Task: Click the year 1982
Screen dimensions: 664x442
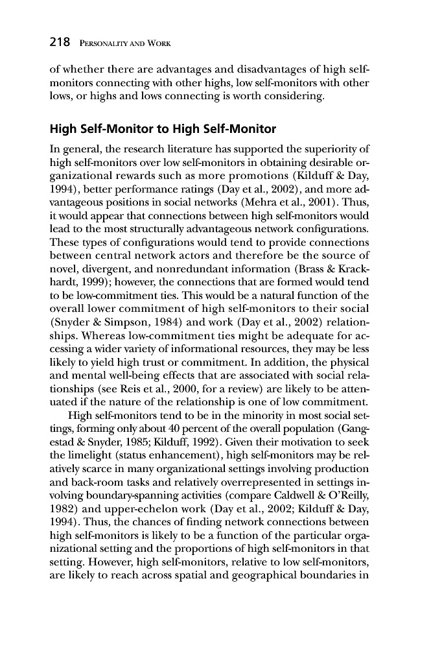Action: click(x=63, y=499)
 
